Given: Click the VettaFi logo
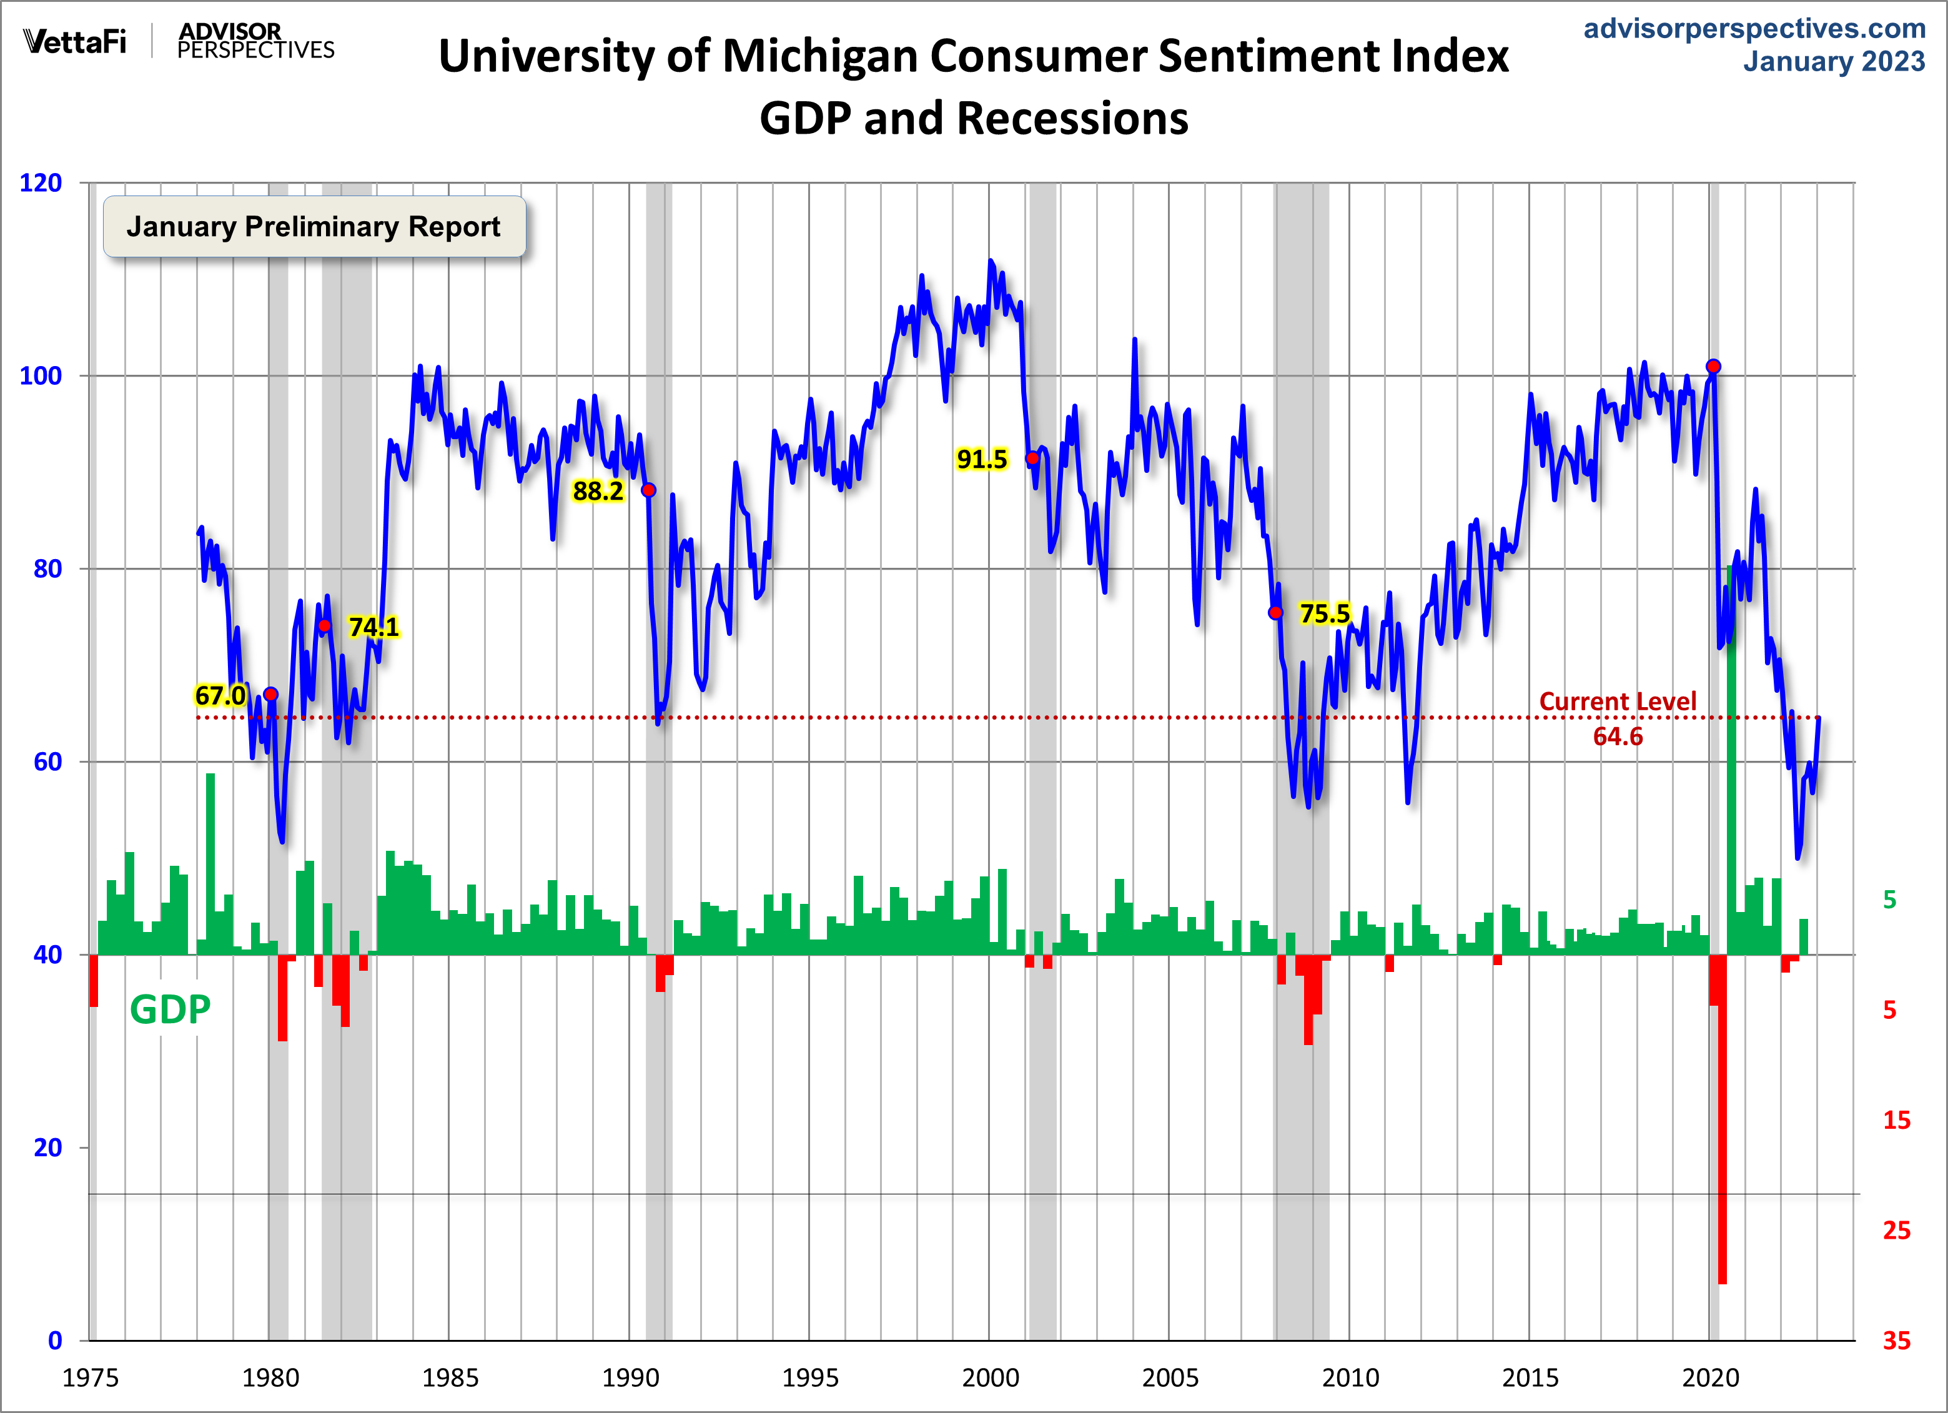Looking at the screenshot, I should (x=75, y=41).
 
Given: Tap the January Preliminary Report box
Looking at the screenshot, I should (x=314, y=227).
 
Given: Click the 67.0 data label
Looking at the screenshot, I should (x=220, y=695).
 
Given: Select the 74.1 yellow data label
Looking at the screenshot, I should (x=373, y=627).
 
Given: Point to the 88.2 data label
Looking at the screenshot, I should (x=598, y=492).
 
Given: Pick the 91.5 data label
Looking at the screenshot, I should (x=982, y=460).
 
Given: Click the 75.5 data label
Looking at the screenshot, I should (x=1325, y=613).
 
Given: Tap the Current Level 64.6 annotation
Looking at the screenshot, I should (x=1618, y=719).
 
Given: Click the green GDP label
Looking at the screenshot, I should (x=170, y=1009).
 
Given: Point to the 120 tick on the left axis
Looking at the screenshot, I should (x=41, y=183).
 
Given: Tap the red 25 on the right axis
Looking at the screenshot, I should (x=1896, y=1230).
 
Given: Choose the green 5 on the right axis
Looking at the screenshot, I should (x=1889, y=900).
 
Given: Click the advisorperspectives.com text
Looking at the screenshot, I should (x=1754, y=28).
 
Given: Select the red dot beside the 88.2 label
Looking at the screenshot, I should (x=648, y=490).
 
